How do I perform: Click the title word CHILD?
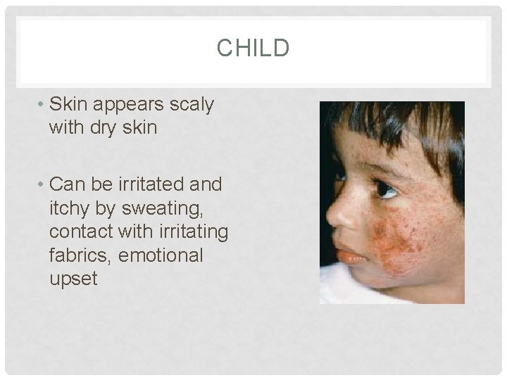tap(253, 49)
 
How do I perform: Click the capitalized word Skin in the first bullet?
tap(70, 104)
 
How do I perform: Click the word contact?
tap(78, 232)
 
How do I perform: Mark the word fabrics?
tap(78, 255)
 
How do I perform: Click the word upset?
tap(73, 279)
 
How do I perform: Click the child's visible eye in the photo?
tap(386, 189)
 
